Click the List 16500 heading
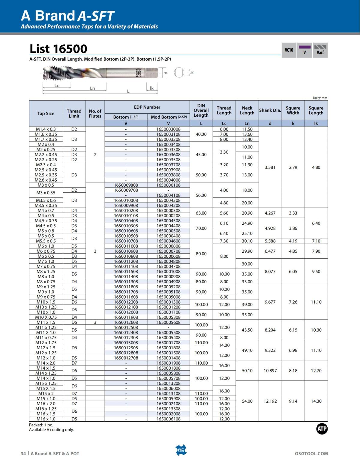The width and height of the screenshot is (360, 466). [x=58, y=49]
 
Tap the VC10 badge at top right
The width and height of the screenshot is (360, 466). [x=289, y=50]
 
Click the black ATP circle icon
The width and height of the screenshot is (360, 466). [x=322, y=429]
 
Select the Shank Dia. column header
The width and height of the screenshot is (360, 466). [x=270, y=110]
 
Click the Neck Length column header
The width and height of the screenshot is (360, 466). [x=247, y=110]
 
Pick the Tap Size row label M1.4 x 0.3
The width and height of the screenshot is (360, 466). [x=46, y=129]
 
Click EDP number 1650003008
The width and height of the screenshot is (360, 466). [x=168, y=129]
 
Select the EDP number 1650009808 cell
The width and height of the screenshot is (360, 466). [x=126, y=185]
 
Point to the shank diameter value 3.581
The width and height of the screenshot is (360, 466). [x=270, y=167]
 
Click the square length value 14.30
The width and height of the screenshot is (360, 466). [x=316, y=401]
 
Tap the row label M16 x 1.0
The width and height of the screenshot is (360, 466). [x=46, y=419]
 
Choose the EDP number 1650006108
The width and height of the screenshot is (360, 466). [x=168, y=419]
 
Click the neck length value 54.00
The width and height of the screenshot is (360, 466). [x=247, y=401]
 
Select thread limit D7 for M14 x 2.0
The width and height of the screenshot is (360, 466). [x=74, y=363]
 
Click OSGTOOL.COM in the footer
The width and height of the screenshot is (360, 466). [x=311, y=454]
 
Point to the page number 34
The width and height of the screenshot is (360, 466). [x=23, y=454]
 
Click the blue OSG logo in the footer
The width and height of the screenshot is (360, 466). [x=181, y=450]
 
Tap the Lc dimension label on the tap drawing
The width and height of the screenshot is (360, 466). [x=57, y=86]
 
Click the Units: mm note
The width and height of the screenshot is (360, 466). [x=320, y=98]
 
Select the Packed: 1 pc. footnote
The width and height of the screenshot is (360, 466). [x=41, y=425]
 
